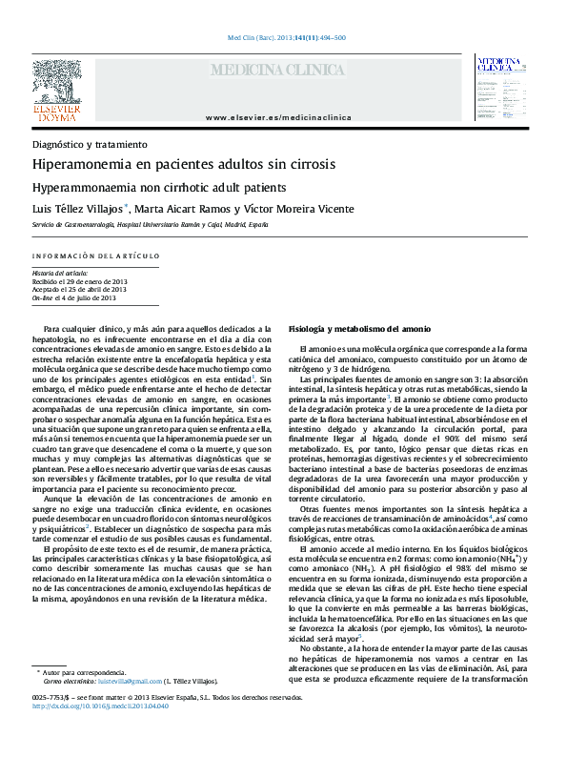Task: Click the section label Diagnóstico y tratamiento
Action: coord(90,144)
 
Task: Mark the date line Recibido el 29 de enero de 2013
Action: coord(79,281)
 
